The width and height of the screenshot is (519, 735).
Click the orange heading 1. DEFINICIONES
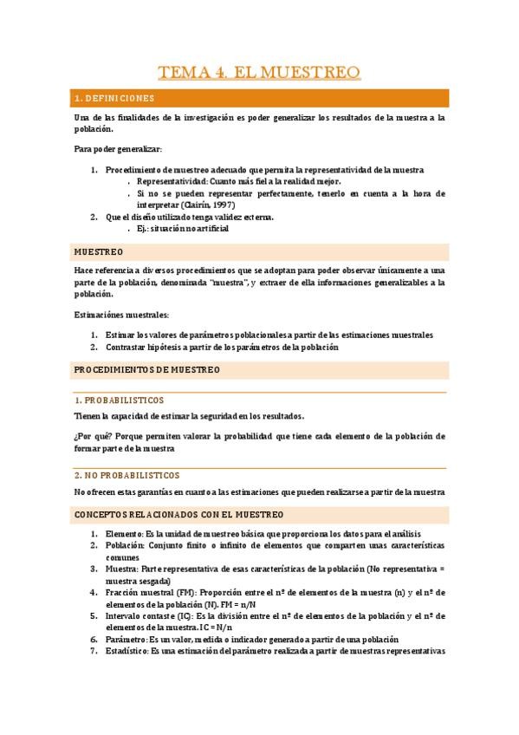coord(114,98)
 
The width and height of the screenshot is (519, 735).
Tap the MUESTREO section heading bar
coord(98,251)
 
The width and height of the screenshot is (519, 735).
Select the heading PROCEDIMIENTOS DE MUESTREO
coord(147,370)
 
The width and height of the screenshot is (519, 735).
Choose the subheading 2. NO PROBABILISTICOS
coord(127,475)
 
